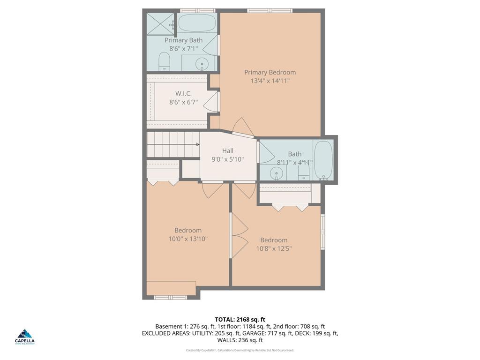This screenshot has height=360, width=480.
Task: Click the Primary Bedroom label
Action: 270,72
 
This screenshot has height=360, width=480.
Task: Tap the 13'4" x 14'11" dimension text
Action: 270,81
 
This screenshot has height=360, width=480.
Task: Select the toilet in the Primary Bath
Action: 164,61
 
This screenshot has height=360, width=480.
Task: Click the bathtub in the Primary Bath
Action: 197,22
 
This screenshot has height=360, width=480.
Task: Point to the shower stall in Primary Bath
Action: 160,23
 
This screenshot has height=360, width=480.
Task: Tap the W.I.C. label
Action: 183,94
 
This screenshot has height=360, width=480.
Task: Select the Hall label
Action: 228,150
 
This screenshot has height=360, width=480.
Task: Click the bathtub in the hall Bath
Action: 323,160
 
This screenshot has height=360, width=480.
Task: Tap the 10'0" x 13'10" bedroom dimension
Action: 188,239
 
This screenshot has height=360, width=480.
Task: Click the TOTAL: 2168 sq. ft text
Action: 240,320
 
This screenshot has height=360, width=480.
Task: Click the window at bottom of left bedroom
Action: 171,297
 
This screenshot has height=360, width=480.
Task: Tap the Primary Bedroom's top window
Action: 270,10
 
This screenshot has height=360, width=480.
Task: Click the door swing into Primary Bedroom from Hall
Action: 243,127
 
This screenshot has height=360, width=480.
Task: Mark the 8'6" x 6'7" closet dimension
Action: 183,102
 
